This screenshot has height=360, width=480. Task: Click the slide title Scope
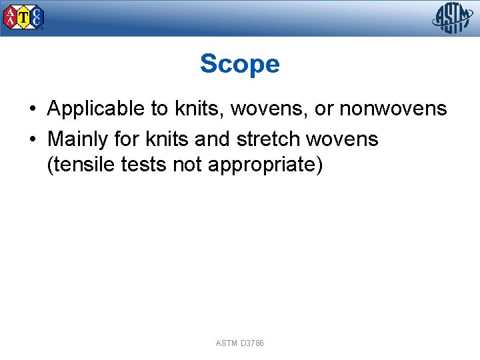point(239,64)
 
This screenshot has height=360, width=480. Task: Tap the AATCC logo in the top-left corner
point(24,17)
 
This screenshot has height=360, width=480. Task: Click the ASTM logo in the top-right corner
point(453,18)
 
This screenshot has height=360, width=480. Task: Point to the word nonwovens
point(393,109)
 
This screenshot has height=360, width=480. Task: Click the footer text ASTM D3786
point(239,343)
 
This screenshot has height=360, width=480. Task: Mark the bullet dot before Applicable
point(32,109)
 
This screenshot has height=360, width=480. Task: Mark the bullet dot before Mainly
point(32,140)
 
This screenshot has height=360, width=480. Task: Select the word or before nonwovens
point(324,109)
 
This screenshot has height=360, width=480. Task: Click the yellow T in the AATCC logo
point(24,19)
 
